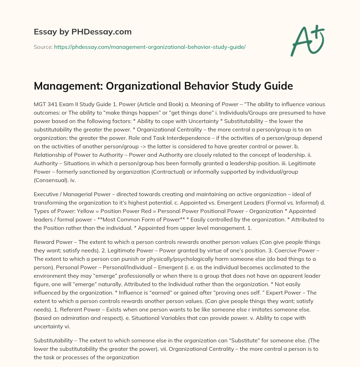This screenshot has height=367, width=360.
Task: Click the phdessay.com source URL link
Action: tap(150, 47)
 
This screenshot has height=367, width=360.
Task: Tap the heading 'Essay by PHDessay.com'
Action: tap(83, 32)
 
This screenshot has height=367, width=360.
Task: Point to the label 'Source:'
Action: tap(43, 47)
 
